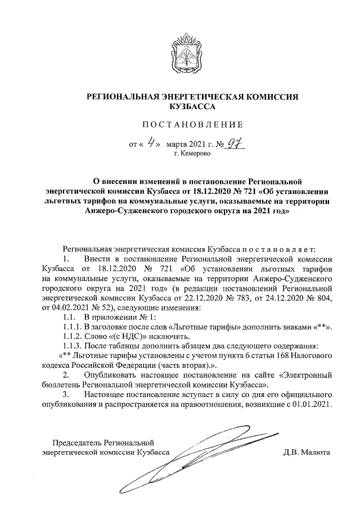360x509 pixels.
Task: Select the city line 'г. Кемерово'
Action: [192, 153]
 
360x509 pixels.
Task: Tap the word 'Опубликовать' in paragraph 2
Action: [110, 375]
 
